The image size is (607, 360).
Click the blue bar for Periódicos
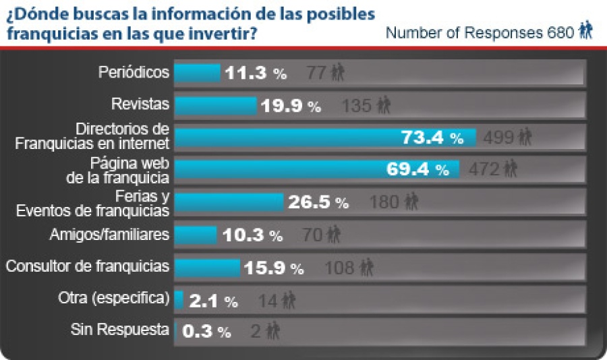(x=197, y=73)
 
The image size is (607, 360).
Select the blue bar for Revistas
(x=215, y=105)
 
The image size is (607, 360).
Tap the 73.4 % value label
(x=432, y=138)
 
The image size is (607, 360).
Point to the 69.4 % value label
(x=417, y=169)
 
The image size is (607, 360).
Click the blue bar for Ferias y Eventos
(x=229, y=202)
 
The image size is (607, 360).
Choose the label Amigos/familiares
(x=109, y=235)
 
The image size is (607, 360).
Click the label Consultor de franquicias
(x=87, y=266)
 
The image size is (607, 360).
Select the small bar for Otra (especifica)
(x=179, y=299)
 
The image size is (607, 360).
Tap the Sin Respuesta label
(x=119, y=330)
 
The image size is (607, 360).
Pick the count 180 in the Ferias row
(x=384, y=202)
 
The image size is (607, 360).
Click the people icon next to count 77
(x=337, y=73)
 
